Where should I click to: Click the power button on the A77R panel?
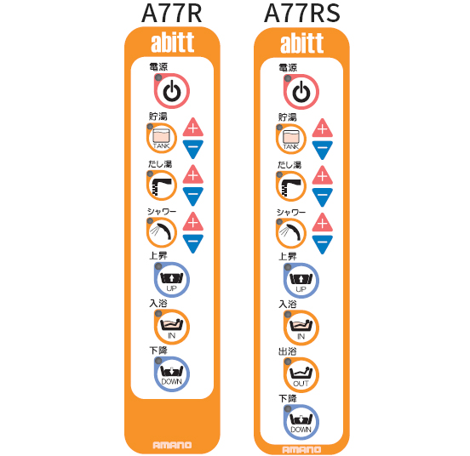[x=172, y=91]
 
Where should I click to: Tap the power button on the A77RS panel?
[x=301, y=92]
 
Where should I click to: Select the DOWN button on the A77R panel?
[x=172, y=374]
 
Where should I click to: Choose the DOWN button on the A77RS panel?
[x=301, y=422]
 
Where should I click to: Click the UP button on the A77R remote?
[x=172, y=280]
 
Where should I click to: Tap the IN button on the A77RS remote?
[x=301, y=328]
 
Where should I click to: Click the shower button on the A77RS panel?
[x=291, y=233]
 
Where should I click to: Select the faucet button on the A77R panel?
[x=162, y=185]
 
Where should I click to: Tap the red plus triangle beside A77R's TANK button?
[x=193, y=127]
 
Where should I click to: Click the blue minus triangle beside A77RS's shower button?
[x=323, y=243]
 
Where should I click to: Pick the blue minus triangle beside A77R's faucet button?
[x=193, y=196]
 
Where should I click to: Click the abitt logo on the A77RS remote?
[x=302, y=43]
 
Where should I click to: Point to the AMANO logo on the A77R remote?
[x=172, y=445]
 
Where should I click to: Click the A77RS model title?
[x=302, y=14]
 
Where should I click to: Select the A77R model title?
[x=172, y=14]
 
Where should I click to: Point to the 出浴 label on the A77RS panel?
[x=288, y=351]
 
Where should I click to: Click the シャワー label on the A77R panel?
[x=162, y=212]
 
